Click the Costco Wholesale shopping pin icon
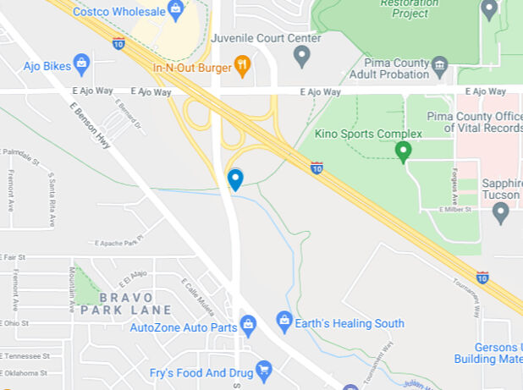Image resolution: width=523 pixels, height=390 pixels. pyautogui.click(x=175, y=10)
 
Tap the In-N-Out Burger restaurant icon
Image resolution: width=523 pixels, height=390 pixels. pyautogui.click(x=242, y=67)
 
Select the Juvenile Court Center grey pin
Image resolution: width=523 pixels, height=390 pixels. pyautogui.click(x=301, y=56)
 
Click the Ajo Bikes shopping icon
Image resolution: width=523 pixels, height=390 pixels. pyautogui.click(x=81, y=63)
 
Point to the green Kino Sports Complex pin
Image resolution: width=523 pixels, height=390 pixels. pyautogui.click(x=404, y=151)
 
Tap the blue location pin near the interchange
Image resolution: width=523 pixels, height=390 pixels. pyautogui.click(x=235, y=179)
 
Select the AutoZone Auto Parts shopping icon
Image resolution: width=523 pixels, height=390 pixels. pyautogui.click(x=248, y=324)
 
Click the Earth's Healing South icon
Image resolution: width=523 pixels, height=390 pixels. pyautogui.click(x=284, y=321)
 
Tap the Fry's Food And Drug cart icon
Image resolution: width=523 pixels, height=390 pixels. pyautogui.click(x=264, y=369)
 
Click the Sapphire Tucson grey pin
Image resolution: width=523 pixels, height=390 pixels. pyautogui.click(x=500, y=211)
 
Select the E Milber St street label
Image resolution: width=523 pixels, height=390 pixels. pyautogui.click(x=460, y=210)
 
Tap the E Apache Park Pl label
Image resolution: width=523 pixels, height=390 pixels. pyautogui.click(x=118, y=243)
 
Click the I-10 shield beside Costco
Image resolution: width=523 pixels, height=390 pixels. pyautogui.click(x=118, y=42)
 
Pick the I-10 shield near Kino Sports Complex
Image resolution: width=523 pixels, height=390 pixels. pyautogui.click(x=317, y=167)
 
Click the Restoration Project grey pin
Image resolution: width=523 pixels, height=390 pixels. pyautogui.click(x=488, y=9)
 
